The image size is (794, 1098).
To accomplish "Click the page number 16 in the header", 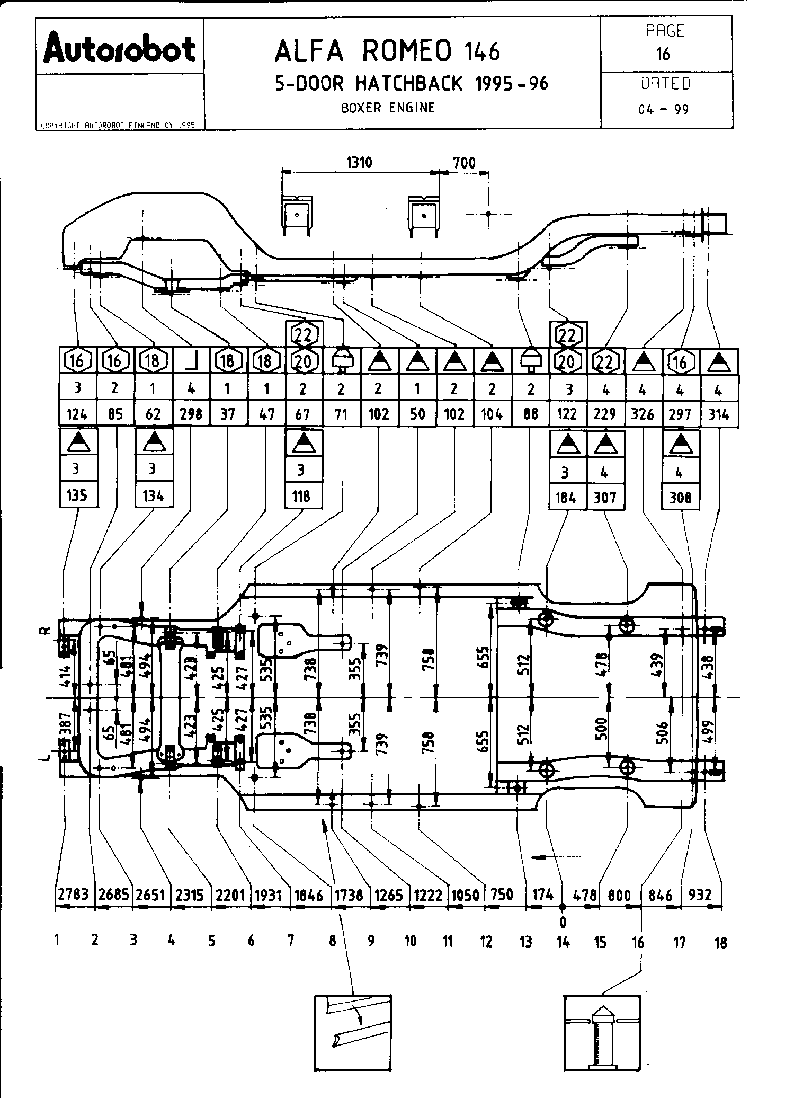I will tap(663, 54).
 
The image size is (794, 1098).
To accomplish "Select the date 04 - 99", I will tap(664, 110).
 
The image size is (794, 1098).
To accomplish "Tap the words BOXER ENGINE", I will tap(388, 108).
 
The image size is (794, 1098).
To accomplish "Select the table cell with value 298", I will tap(191, 413).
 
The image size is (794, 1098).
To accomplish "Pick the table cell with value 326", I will tap(643, 413).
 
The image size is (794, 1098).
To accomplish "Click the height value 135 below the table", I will tap(77, 495).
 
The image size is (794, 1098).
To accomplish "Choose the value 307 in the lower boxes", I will tap(605, 497).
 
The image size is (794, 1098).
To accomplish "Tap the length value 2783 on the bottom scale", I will tap(75, 895).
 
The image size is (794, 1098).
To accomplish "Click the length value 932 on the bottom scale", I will tap(700, 895).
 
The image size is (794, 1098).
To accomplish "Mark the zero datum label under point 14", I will tap(563, 923).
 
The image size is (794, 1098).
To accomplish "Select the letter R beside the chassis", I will tap(46, 631).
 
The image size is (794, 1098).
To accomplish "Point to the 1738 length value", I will tap(349, 895).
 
